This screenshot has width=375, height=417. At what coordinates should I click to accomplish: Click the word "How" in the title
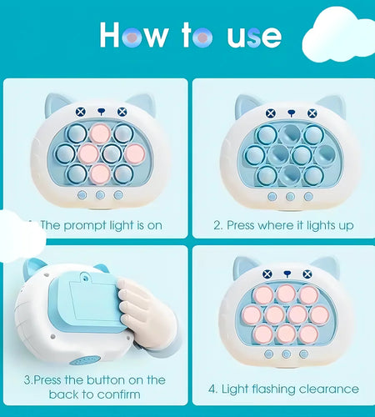(133, 35)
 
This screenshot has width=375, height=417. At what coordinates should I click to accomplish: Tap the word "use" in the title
(254, 37)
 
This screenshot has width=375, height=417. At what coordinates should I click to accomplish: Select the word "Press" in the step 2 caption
(241, 225)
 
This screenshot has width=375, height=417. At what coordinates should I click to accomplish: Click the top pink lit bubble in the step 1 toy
(100, 133)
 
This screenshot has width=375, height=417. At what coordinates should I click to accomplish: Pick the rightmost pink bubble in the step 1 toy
(135, 154)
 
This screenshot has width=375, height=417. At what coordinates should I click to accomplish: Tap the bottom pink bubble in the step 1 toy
(100, 174)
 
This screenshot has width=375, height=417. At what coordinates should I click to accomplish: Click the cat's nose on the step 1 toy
(101, 111)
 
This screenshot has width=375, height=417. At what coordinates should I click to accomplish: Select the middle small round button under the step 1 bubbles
(100, 195)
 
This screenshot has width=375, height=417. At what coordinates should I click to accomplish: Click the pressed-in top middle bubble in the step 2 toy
(290, 135)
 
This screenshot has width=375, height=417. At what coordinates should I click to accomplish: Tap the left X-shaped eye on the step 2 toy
(271, 113)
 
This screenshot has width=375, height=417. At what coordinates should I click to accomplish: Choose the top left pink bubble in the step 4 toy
(263, 295)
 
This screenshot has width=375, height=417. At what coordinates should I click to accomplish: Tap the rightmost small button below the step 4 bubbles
(303, 354)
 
